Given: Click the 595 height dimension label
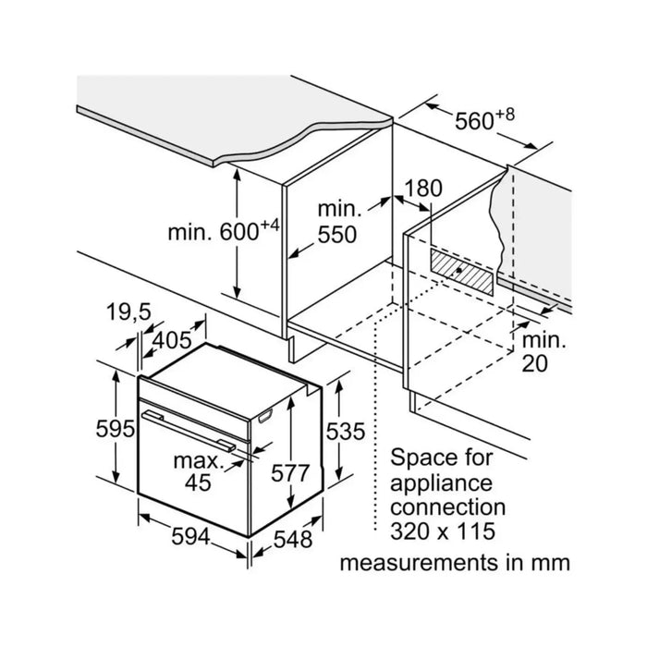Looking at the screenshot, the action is click(x=116, y=429).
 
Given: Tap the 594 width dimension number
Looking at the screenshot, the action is click(x=190, y=537).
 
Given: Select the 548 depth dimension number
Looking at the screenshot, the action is click(x=293, y=539).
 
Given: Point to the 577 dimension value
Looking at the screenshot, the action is click(x=290, y=473).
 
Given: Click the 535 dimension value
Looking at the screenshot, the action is click(x=346, y=432).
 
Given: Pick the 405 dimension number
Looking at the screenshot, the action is click(x=172, y=340).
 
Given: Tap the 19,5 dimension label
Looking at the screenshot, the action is click(x=128, y=312).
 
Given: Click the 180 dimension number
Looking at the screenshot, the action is click(x=422, y=189).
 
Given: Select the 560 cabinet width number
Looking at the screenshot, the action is click(x=474, y=121).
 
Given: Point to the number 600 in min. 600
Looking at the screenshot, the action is click(x=238, y=232).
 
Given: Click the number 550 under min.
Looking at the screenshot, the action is click(x=337, y=235).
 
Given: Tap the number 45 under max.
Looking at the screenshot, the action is click(x=198, y=482).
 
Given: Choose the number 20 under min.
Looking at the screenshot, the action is click(x=535, y=363).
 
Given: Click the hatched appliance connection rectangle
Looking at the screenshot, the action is click(x=462, y=272).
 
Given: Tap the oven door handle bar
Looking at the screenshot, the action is click(x=189, y=432).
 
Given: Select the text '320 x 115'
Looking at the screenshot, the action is click(x=443, y=531).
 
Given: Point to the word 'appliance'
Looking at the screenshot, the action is click(x=441, y=483).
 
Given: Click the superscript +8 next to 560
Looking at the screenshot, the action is click(x=505, y=115).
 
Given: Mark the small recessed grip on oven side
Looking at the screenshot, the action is click(x=265, y=416).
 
